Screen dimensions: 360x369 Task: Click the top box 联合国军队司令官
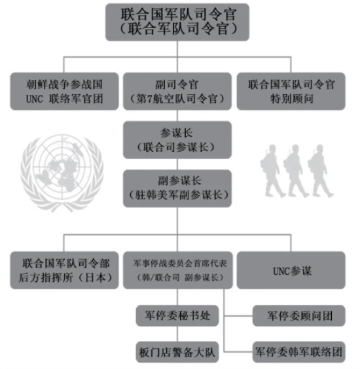pos(177,22)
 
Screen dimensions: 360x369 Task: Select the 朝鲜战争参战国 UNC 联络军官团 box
pos(64,92)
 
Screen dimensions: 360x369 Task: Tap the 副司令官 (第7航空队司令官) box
pos(177,92)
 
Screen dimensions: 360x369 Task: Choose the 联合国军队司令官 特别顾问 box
pos(291,92)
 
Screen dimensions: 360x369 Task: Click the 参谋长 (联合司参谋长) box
pos(177,140)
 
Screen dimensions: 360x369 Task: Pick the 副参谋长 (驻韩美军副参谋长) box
pos(177,188)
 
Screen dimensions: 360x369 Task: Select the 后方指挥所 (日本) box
pos(64,270)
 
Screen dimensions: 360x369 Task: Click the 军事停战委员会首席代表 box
pos(178,270)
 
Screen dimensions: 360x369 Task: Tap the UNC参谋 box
pos(291,270)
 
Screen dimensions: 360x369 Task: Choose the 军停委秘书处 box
pos(177,315)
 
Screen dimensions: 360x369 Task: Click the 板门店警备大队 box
pos(177,352)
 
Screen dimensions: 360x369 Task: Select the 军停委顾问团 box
pos(299,315)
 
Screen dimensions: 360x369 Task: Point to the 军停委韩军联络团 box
pos(299,352)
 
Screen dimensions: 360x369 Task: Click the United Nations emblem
pos(62,173)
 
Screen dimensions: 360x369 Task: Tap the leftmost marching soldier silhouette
pos(272,171)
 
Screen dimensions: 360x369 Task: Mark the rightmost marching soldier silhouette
pos(320,171)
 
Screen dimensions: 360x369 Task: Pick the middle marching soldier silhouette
pos(295,171)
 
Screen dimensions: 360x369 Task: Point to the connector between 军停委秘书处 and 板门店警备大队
pos(177,334)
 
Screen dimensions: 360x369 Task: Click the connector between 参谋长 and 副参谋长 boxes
pos(177,164)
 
